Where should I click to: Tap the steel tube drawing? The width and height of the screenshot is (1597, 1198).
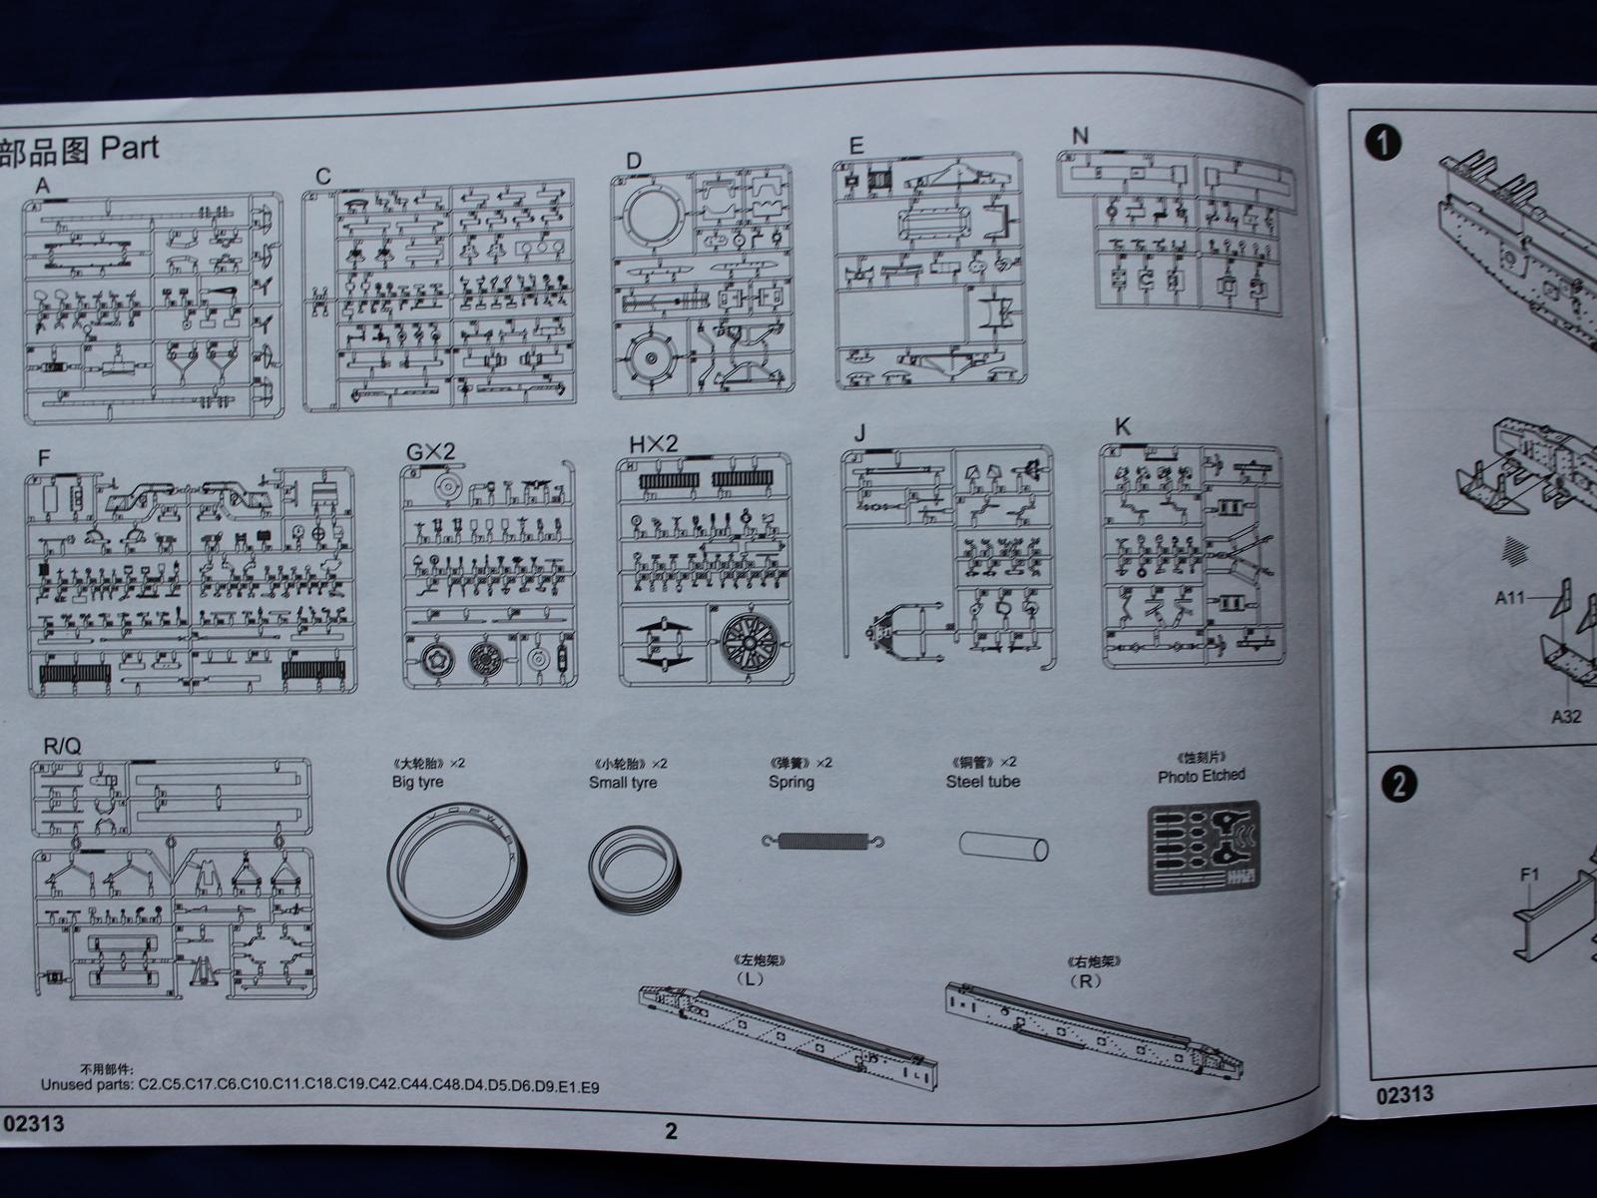point(1004,847)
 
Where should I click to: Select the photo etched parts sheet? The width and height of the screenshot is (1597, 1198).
point(1203,848)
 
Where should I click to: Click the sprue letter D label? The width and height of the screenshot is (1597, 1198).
point(634,161)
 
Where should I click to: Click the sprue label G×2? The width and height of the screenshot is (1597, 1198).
point(430,451)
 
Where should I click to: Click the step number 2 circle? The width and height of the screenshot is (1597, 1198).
point(1398,784)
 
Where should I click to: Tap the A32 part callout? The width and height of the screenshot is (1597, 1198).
point(1565,716)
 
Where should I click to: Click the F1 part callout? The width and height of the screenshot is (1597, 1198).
point(1531,876)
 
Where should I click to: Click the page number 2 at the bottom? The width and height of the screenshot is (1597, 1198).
point(671,1131)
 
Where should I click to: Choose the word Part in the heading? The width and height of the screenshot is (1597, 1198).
point(129,149)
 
